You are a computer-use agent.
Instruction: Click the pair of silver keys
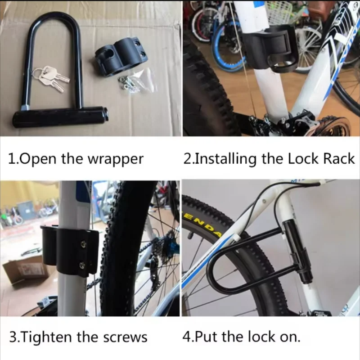click(52, 77)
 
